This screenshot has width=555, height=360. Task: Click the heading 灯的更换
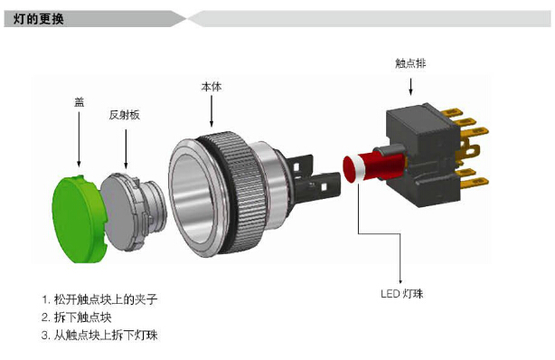coord(39,19)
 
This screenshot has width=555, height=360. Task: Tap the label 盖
coord(80,102)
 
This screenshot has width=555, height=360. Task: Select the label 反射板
coord(124,115)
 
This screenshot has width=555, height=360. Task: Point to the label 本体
coord(212,87)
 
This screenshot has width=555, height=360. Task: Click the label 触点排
coord(410,63)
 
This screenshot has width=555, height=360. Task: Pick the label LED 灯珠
coord(401,293)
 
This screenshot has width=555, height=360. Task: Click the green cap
coord(80,219)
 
